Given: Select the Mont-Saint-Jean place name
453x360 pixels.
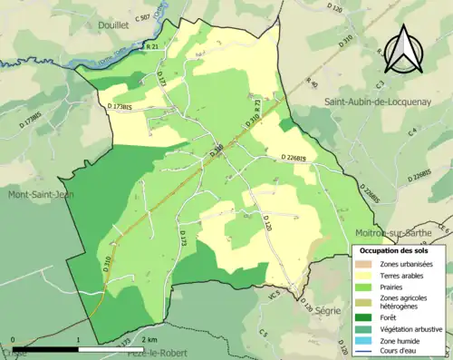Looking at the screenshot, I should click(x=42, y=194).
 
